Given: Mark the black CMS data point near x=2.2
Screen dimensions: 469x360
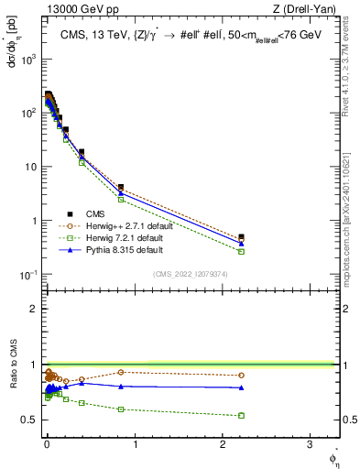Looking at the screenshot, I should pyautogui.click(x=241, y=237).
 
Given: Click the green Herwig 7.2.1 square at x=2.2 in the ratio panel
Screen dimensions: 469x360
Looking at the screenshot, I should pyautogui.click(x=241, y=415).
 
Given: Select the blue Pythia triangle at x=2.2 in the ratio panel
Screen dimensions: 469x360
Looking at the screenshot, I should pyautogui.click(x=241, y=387).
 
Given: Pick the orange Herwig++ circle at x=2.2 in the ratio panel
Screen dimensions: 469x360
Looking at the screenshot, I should pyautogui.click(x=241, y=375).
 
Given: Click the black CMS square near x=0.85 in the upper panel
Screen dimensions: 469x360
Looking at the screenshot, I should pyautogui.click(x=121, y=187).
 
